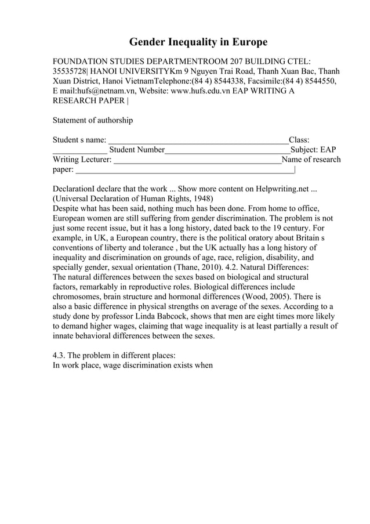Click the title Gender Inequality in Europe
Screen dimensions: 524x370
pos(198,42)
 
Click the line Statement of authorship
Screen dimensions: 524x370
pos(93,120)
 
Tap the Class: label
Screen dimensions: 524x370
pos(299,140)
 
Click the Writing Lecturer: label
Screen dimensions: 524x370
pos(82,160)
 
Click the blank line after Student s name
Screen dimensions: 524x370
pos(198,140)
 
